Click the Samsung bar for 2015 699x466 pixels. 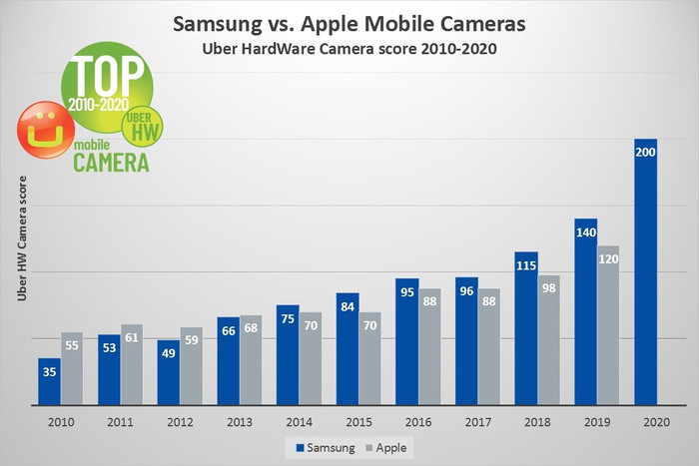347,349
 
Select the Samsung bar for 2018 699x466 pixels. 526,328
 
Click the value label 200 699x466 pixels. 645,152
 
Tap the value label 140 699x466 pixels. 585,231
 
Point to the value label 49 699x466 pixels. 168,353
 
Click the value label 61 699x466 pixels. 132,337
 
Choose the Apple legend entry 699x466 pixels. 389,448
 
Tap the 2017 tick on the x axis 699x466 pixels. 476,422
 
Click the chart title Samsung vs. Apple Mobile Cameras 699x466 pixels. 349,23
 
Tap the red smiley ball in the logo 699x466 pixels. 42,129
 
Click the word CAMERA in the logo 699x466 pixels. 111,162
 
